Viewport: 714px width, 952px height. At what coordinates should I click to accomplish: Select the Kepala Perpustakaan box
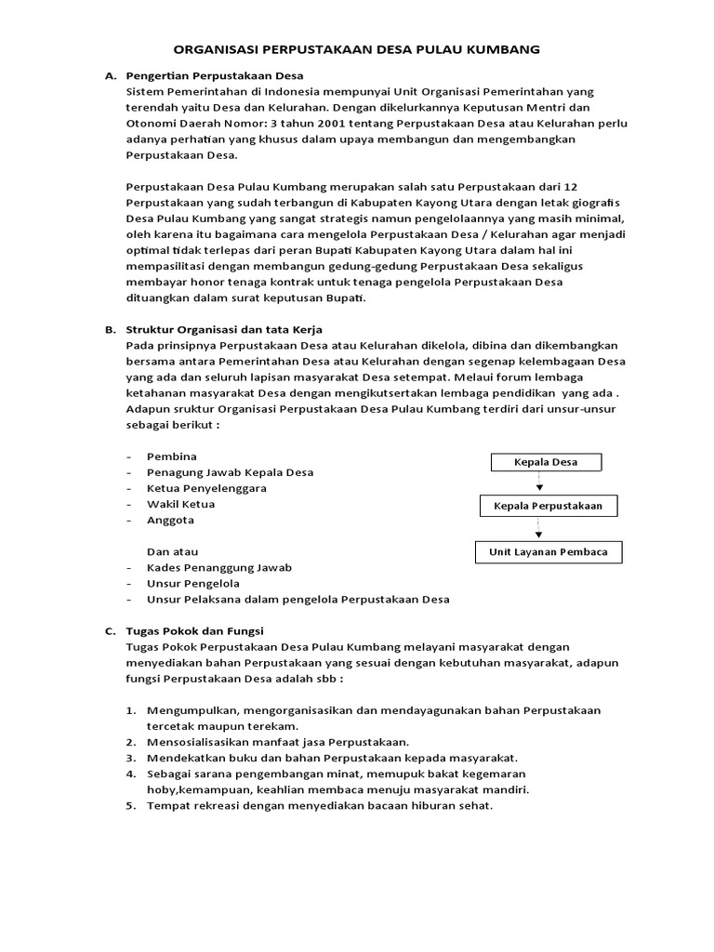click(x=547, y=507)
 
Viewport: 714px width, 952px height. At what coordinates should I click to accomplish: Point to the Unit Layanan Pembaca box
click(x=548, y=552)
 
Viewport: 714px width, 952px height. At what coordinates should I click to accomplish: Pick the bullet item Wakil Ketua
click(x=180, y=504)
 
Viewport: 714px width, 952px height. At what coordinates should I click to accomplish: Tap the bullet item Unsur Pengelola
click(x=192, y=584)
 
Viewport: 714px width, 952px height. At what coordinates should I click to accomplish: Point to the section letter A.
click(x=109, y=75)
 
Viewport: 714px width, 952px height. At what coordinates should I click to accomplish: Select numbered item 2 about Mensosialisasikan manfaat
click(x=277, y=742)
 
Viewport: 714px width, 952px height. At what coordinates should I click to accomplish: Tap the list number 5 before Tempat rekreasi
click(x=131, y=805)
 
